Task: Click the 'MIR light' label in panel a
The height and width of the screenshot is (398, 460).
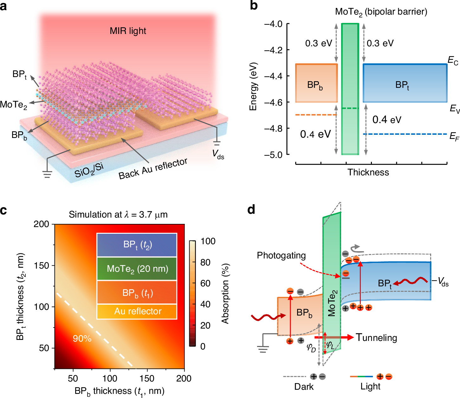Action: coord(128,31)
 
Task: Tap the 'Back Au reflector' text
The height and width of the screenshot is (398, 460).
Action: coord(153,169)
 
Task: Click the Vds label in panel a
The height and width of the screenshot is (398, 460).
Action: coord(218,154)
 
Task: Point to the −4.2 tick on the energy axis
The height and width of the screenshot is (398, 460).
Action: coord(273,50)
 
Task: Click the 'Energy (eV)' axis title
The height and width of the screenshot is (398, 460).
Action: coord(253,86)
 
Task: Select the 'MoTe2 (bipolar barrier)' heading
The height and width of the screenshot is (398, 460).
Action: coord(381,12)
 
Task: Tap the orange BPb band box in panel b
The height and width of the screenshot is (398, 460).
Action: coord(316,83)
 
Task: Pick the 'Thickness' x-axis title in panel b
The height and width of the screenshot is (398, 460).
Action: coord(368,172)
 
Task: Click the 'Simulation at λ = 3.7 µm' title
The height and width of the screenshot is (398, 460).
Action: coord(118,215)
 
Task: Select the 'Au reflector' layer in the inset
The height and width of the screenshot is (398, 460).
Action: coord(138,311)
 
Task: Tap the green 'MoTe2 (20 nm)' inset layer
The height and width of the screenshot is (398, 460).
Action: coord(137,269)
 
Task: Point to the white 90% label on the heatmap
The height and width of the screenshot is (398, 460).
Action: coord(82,339)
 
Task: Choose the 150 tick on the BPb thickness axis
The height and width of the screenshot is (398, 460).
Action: coord(147,378)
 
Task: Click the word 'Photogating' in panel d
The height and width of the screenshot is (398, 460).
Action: coord(281,255)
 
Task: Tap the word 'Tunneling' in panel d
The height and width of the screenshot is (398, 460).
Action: coord(376,337)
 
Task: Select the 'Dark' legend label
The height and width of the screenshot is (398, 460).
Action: coord(304,387)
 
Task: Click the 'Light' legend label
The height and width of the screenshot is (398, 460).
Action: coord(370,387)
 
